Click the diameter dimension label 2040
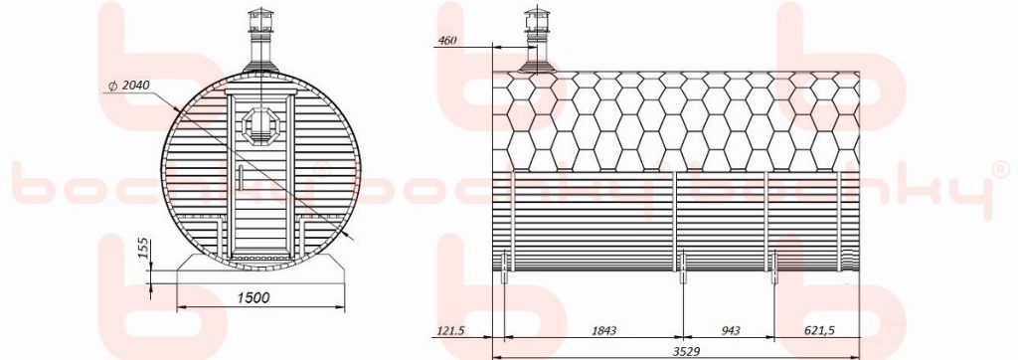pos(135,86)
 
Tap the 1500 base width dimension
pos(254,297)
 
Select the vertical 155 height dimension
pos(145,249)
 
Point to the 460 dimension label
pos(448,41)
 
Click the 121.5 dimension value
pos(449,331)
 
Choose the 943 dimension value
pos(731,331)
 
